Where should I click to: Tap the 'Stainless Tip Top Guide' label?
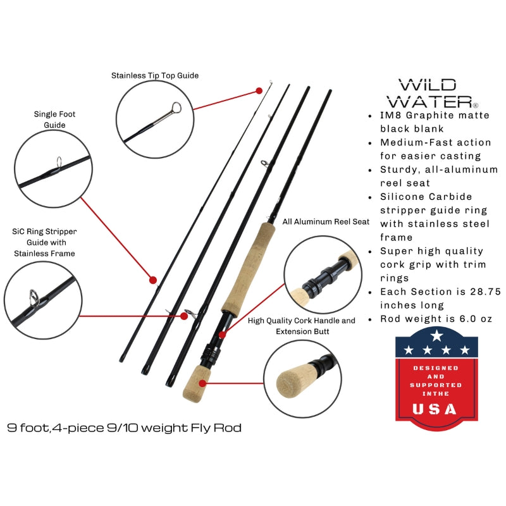coord(155,75)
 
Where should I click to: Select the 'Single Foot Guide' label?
coord(50,120)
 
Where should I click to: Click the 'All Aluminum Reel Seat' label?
coord(326,222)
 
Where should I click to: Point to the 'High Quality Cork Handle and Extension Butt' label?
coord(302,326)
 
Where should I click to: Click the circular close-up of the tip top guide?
coord(155,118)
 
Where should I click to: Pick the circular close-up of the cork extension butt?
coord(302,379)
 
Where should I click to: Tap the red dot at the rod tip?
coord(259,91)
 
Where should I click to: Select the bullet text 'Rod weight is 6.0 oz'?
coord(436,319)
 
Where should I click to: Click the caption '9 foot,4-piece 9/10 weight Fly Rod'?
coord(125,428)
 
